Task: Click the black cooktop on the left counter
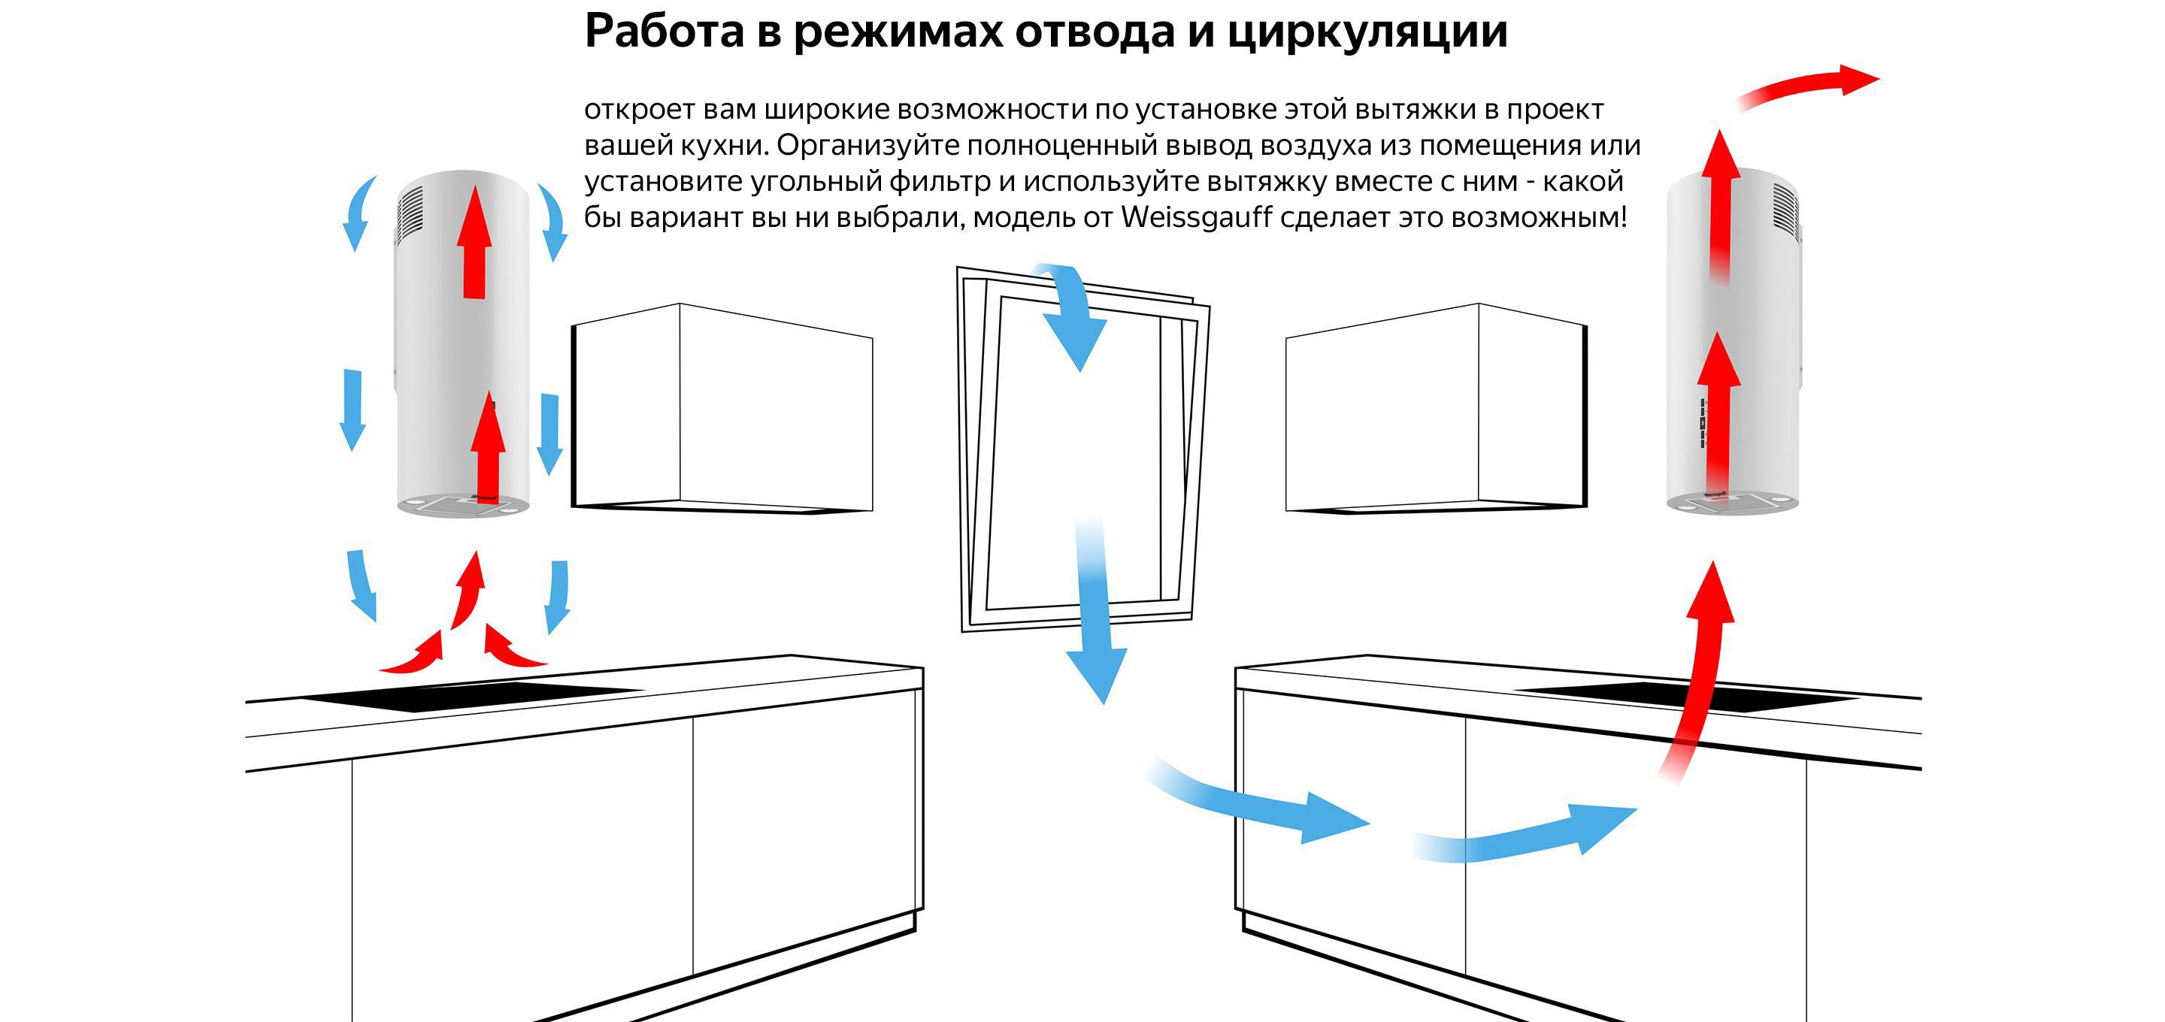tap(471, 696)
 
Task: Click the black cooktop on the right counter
tap(1689, 697)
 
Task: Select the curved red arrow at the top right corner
tap(1807, 85)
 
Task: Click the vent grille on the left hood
tap(411, 211)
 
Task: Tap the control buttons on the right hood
tap(1703, 425)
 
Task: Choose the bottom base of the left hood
tap(463, 506)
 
